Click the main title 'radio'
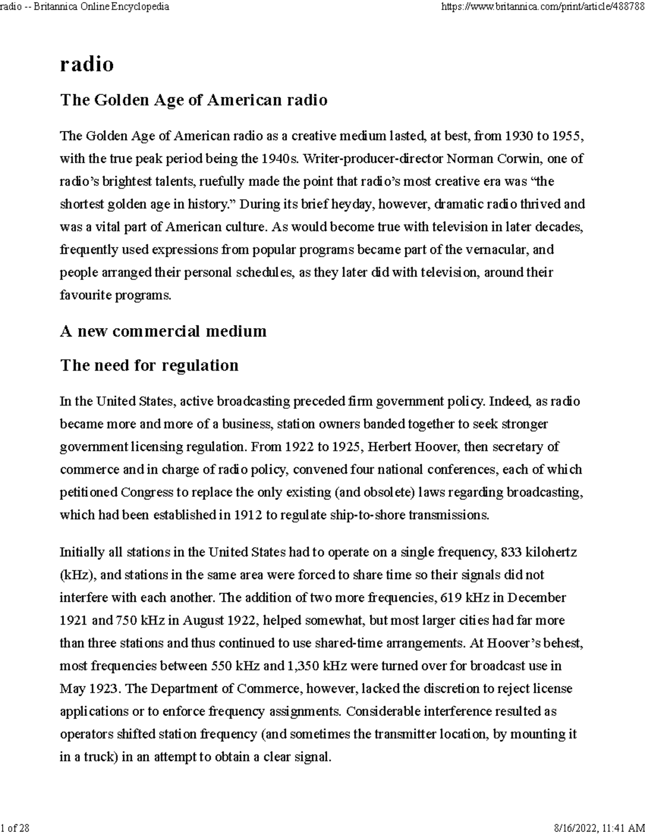click(87, 64)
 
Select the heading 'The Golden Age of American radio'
click(193, 100)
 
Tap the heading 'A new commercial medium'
click(163, 331)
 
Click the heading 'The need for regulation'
click(149, 366)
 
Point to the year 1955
click(567, 136)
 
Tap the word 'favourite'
click(85, 295)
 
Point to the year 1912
click(248, 515)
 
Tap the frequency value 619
click(450, 598)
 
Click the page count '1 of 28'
click(15, 828)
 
